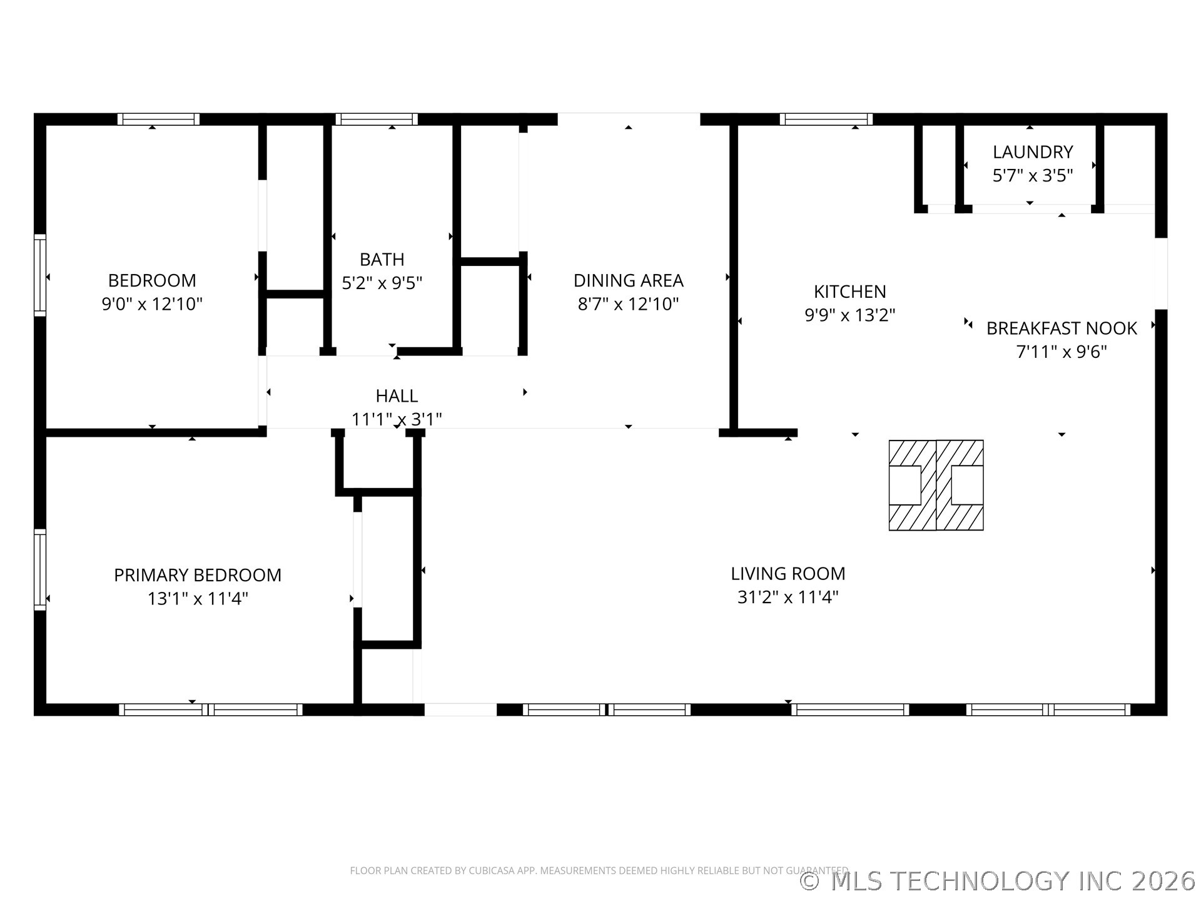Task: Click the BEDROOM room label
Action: [x=152, y=280]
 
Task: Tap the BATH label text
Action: [x=382, y=259]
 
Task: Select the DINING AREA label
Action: [x=628, y=280]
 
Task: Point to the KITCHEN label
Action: [x=849, y=292]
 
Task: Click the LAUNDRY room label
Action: [x=1033, y=152]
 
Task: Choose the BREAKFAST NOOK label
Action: [x=1062, y=328]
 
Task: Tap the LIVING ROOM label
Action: [x=788, y=574]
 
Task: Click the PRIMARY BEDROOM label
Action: [x=198, y=575]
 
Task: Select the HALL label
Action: [x=397, y=396]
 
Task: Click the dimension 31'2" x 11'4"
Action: [x=788, y=597]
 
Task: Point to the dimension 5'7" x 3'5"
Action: [x=1033, y=175]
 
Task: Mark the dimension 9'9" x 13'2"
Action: [x=849, y=315]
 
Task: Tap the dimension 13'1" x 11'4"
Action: [x=198, y=599]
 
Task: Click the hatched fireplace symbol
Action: [x=936, y=485]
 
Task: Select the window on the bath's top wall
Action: [x=376, y=119]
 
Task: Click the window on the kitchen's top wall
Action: [x=826, y=119]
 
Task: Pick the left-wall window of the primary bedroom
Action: [x=40, y=569]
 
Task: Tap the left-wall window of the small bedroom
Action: [x=40, y=275]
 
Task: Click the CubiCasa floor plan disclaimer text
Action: [x=599, y=870]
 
